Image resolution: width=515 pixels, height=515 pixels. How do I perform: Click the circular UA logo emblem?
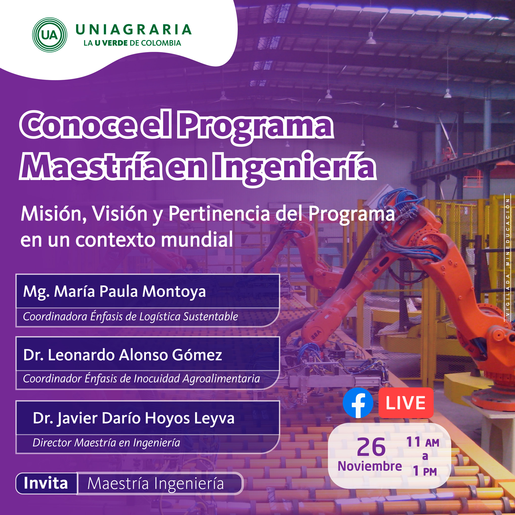[x=50, y=35]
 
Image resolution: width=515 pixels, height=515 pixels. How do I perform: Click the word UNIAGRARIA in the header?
[x=133, y=30]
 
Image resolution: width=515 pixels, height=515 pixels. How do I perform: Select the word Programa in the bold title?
[x=256, y=126]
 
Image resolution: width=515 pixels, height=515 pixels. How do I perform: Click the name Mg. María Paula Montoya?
[x=114, y=291]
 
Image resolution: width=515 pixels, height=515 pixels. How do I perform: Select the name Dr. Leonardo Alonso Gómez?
[x=122, y=355]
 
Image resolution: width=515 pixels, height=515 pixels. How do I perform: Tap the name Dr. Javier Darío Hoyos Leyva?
[x=133, y=418]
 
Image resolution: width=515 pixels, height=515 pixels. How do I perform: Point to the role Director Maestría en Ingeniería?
[x=106, y=443]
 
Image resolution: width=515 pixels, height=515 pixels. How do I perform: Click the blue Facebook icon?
[x=358, y=403]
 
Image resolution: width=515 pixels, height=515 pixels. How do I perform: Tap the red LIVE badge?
[x=406, y=403]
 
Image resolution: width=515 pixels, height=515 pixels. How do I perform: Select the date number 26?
[x=371, y=447]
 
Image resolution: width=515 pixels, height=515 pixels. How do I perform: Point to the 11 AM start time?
[x=423, y=442]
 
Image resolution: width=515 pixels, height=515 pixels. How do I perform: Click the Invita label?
[x=46, y=483]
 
